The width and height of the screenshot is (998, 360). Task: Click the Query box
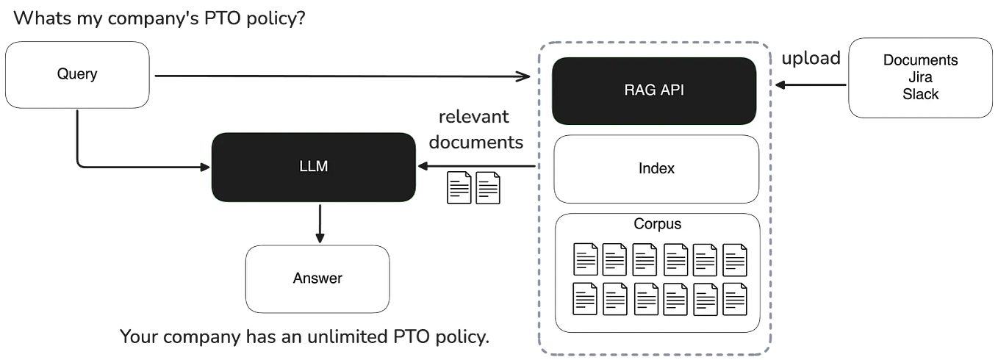77,73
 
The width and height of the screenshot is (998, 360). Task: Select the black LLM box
314,167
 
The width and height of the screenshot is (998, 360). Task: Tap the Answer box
317,278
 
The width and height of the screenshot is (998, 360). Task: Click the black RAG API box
654,91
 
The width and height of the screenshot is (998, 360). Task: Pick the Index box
656,169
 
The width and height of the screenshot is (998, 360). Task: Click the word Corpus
657,223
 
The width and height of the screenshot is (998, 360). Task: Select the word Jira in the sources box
920,77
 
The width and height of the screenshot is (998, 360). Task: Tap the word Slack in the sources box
920,94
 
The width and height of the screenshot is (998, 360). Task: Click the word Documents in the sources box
920,60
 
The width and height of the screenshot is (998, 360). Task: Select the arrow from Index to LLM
478,167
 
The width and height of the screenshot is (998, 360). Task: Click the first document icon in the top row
586,259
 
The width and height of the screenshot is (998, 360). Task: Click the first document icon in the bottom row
586,298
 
